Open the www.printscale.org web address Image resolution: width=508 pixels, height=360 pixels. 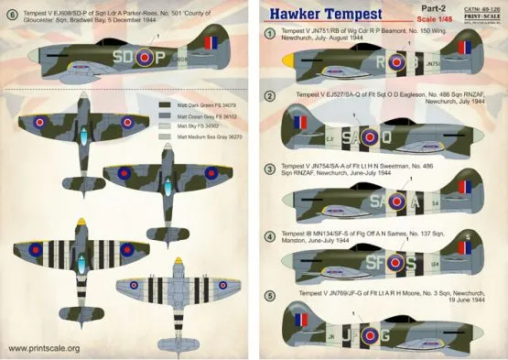pyautogui.click(x=45, y=348)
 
